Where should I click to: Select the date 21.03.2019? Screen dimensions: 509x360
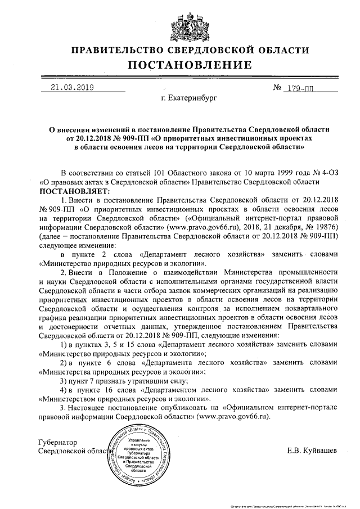pos(72,87)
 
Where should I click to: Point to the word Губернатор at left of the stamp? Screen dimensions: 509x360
pos(57,442)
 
